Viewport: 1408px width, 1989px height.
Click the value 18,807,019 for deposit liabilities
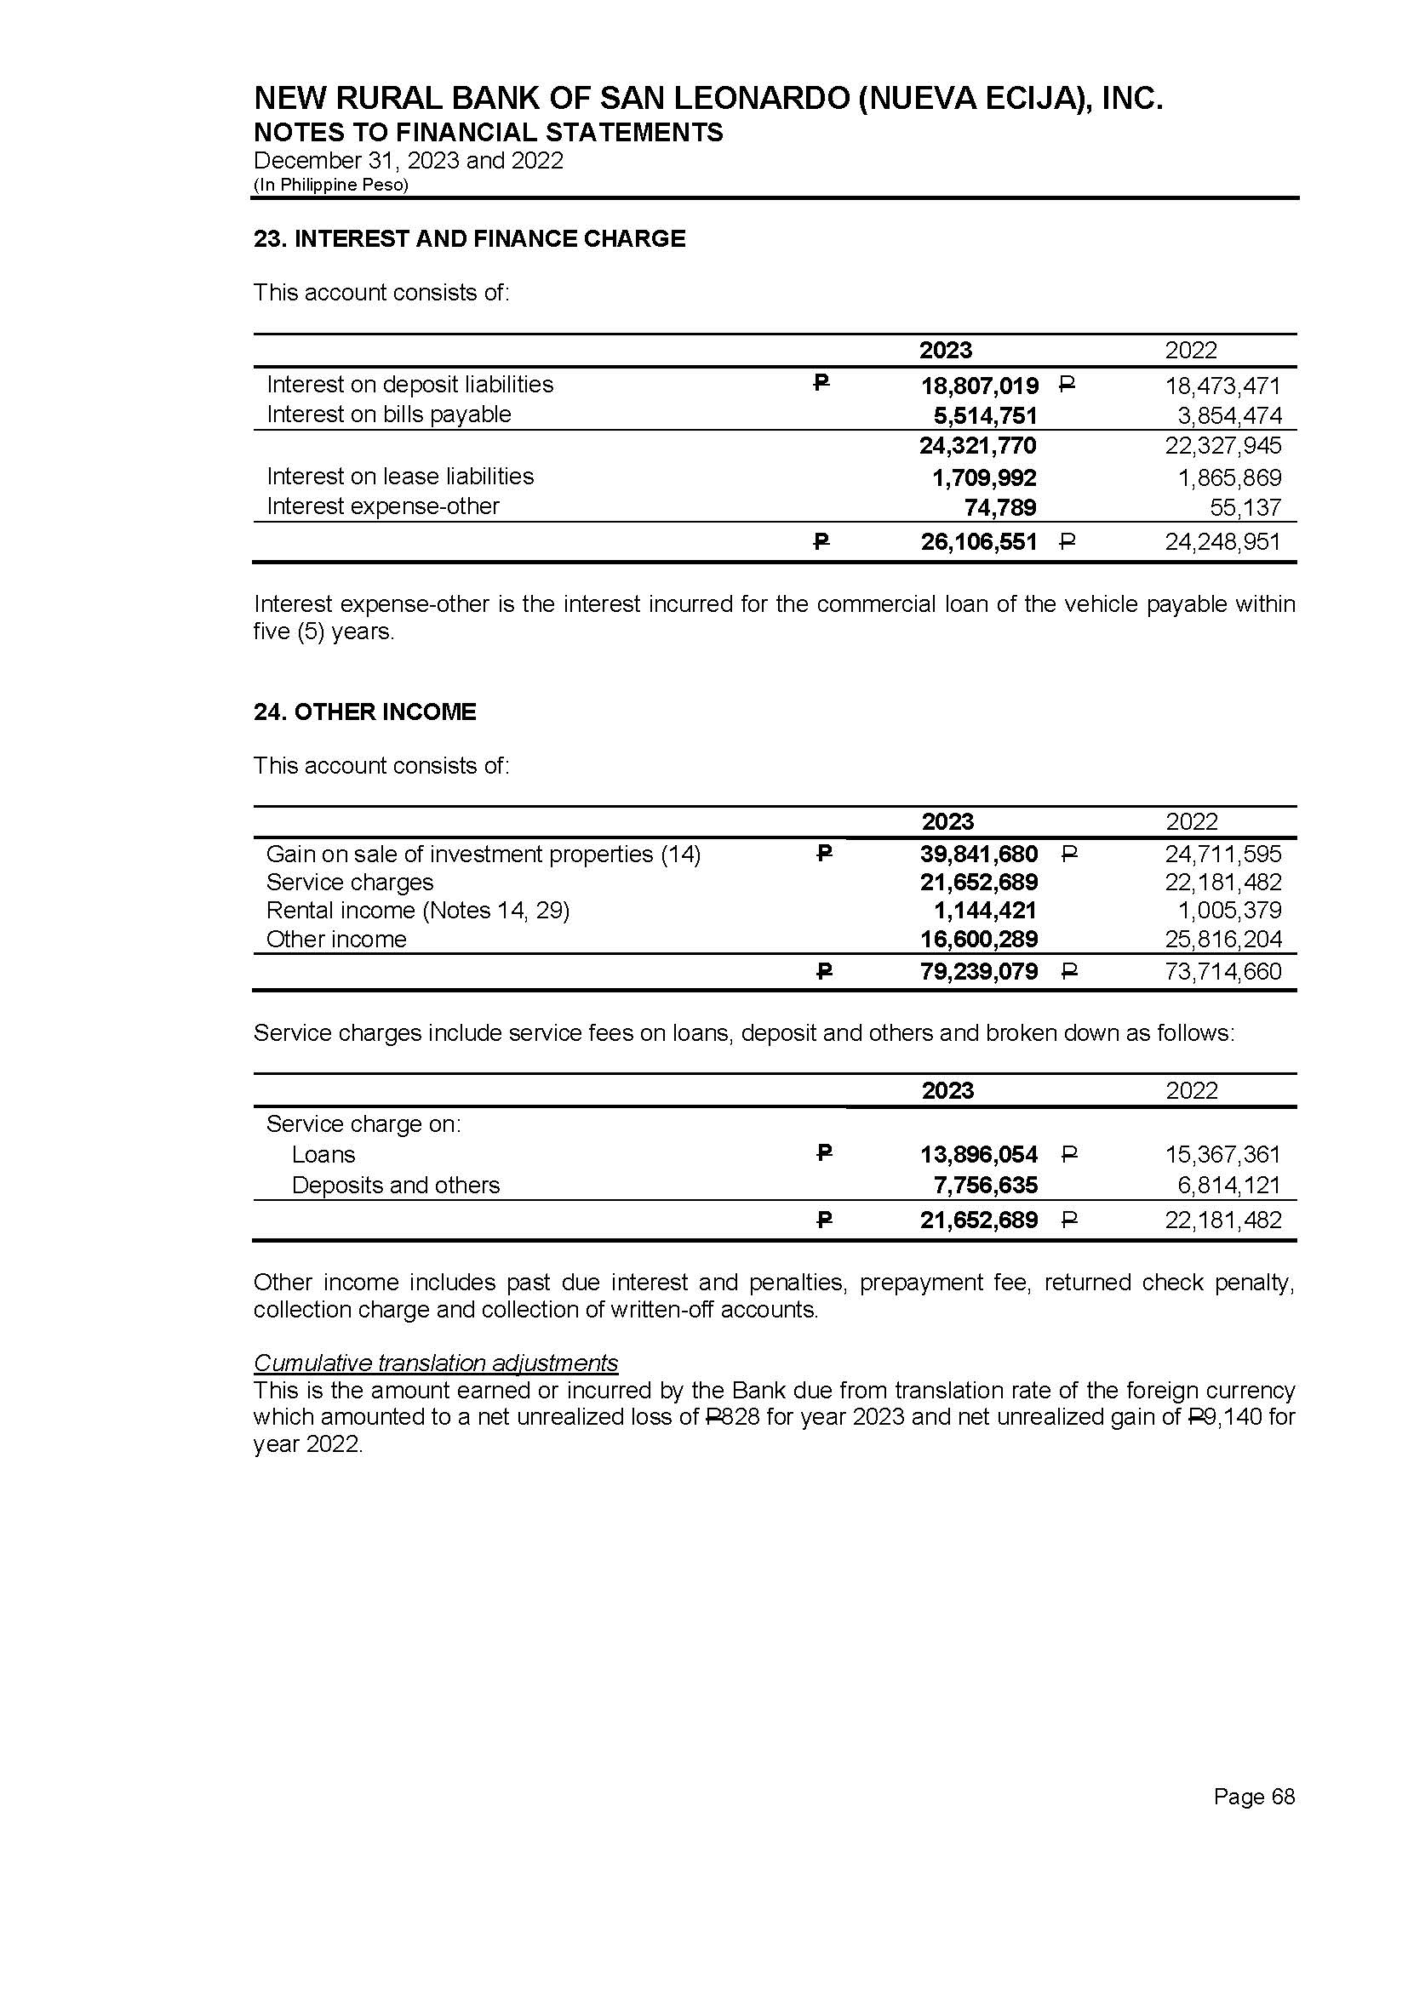coord(979,386)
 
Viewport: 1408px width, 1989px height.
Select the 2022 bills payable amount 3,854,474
coord(1228,416)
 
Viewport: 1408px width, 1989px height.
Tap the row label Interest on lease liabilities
coord(400,477)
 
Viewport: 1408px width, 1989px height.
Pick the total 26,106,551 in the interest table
coord(979,542)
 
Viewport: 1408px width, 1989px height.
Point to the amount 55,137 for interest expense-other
coord(1245,507)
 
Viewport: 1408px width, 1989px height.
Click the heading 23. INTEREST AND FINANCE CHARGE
coord(469,239)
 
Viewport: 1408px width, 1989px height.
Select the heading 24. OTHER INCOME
coord(365,712)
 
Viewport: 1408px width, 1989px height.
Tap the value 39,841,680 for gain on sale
coord(979,854)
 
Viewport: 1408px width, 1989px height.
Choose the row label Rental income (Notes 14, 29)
coord(417,911)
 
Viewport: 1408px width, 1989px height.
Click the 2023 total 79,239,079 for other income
coord(979,972)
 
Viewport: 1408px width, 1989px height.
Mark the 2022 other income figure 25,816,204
coord(1223,940)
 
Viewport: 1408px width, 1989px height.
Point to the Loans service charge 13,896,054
coord(979,1154)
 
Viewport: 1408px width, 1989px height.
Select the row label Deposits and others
coord(395,1186)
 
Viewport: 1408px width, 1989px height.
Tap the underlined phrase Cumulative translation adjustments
coord(435,1363)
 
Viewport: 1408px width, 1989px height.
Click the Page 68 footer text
coord(1254,1797)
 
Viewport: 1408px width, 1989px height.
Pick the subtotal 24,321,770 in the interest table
coord(978,446)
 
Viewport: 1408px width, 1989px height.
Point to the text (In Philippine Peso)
coord(330,185)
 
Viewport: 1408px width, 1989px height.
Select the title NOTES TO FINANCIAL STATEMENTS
coord(488,133)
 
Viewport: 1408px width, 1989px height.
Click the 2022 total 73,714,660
coord(1223,972)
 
